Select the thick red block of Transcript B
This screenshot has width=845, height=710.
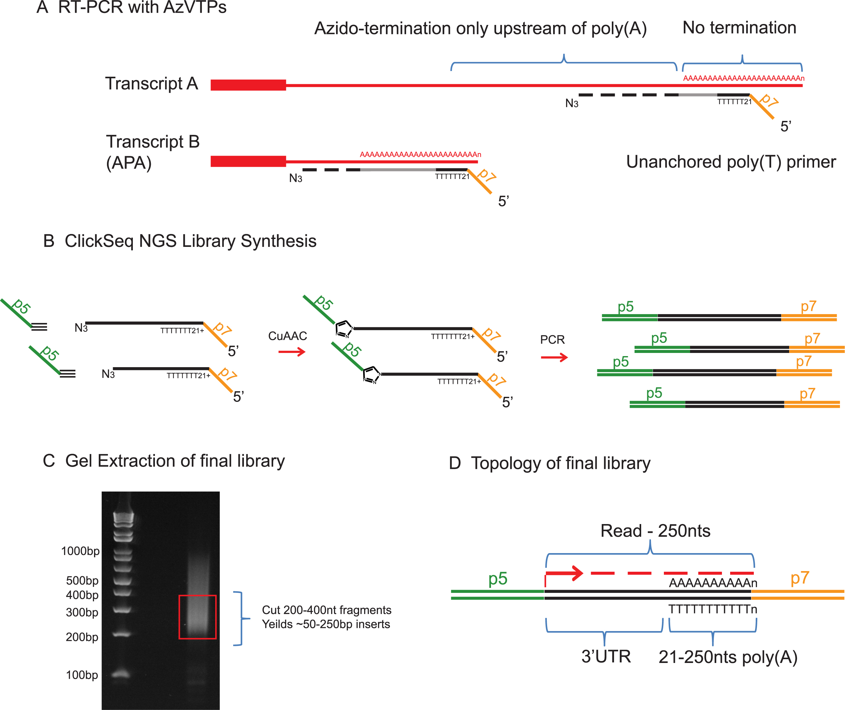click(x=248, y=161)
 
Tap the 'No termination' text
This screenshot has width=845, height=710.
click(x=739, y=28)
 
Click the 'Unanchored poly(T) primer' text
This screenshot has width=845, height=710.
click(x=730, y=162)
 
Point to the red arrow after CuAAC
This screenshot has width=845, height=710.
click(x=292, y=352)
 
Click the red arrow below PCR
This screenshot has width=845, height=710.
click(x=554, y=357)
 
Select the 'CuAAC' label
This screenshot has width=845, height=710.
click(x=287, y=336)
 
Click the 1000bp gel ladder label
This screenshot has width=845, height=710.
click(x=80, y=551)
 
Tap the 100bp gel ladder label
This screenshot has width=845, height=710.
click(x=82, y=675)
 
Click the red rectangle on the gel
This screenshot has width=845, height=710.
click(x=198, y=617)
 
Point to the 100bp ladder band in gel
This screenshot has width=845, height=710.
click(x=121, y=673)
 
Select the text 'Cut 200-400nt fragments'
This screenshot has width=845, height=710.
click(x=326, y=610)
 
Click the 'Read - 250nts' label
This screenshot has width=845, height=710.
click(x=655, y=531)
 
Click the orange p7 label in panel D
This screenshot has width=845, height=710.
click(x=800, y=578)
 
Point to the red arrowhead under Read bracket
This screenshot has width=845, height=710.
click(x=578, y=573)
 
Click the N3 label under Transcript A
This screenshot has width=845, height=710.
click(x=571, y=104)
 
